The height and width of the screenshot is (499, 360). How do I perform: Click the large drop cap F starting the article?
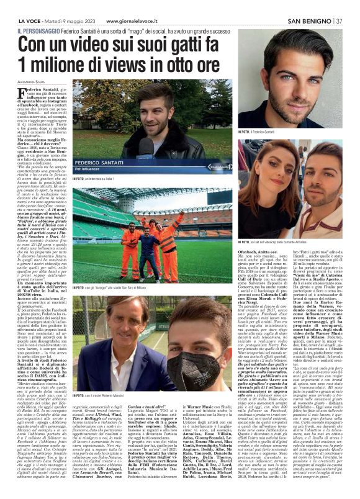point(22,95)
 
